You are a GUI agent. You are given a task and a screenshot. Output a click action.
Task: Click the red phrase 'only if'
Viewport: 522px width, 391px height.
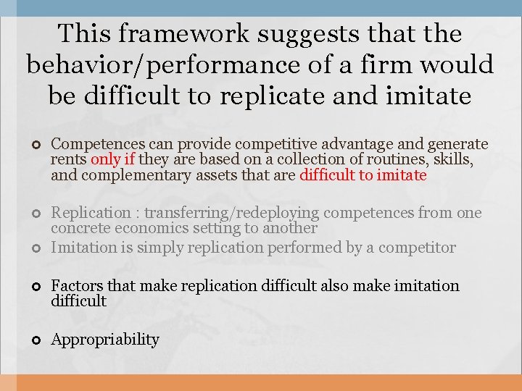point(113,160)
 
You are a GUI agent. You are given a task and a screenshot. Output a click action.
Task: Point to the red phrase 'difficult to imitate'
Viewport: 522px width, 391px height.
point(362,175)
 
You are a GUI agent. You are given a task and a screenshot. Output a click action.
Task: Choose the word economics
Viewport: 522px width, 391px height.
point(146,228)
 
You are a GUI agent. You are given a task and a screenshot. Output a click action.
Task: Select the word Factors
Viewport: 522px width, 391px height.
point(73,286)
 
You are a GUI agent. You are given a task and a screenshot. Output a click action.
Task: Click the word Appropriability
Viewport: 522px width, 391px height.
point(105,340)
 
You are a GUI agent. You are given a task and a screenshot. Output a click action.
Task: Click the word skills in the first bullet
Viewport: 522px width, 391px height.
point(456,160)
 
